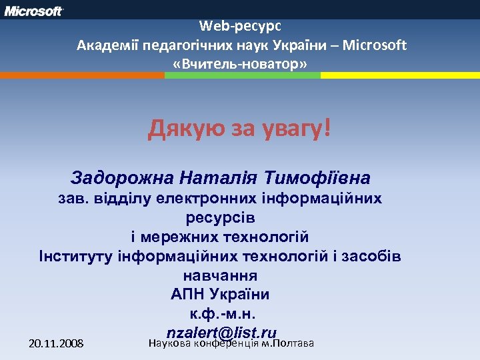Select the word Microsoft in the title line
click(x=377, y=45)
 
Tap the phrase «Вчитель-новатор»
click(x=240, y=64)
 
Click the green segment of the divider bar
click(x=242, y=75)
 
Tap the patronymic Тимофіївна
click(x=317, y=178)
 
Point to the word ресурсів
click(x=220, y=217)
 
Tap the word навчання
click(x=220, y=275)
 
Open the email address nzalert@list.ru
click(x=222, y=332)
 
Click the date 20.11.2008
click(x=57, y=344)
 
